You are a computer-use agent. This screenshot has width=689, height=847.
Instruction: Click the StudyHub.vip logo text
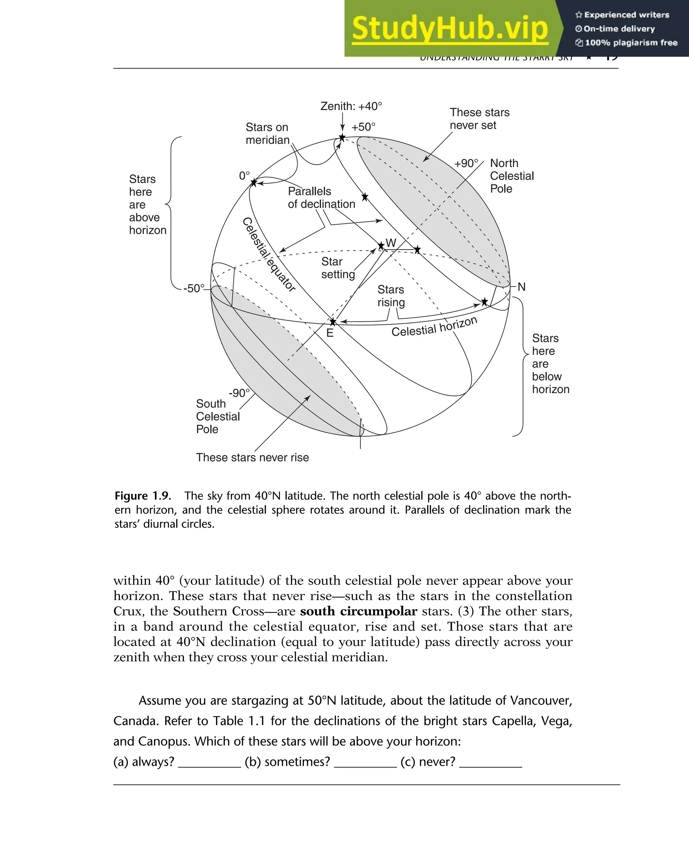coord(450,28)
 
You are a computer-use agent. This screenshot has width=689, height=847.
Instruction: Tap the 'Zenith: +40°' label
coord(351,106)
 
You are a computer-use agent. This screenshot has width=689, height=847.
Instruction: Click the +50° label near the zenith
coord(363,127)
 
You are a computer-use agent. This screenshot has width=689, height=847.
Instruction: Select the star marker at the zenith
coord(342,138)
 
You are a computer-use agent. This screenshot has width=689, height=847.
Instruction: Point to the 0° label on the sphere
coord(245,175)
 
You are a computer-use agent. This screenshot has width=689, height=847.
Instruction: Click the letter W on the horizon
coord(391,243)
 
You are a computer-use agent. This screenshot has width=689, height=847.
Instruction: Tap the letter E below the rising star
coord(330,333)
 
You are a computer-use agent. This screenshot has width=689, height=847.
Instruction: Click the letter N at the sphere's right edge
coord(521,287)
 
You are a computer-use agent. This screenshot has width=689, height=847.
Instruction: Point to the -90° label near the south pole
coord(239,393)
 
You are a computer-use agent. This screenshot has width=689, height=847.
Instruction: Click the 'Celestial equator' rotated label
coord(269,254)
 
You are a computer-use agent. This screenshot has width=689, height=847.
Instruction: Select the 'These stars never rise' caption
coord(252,457)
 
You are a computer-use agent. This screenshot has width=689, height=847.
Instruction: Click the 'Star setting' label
coord(337,268)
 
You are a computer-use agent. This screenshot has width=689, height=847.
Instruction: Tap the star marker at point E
coord(333,321)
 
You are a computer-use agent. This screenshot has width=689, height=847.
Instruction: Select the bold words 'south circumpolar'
coord(358,611)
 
